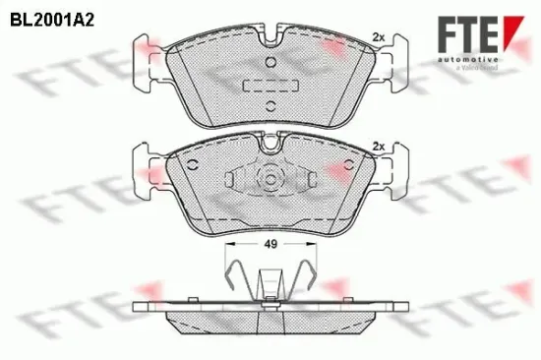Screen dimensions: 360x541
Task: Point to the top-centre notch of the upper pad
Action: pos(269,44)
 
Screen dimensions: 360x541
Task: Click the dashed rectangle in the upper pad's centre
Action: pos(268,85)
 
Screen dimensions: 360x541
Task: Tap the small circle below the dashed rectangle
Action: pos(268,102)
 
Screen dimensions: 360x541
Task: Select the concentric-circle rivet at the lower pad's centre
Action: pos(268,180)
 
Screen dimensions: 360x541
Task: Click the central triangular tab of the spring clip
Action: pos(268,285)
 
